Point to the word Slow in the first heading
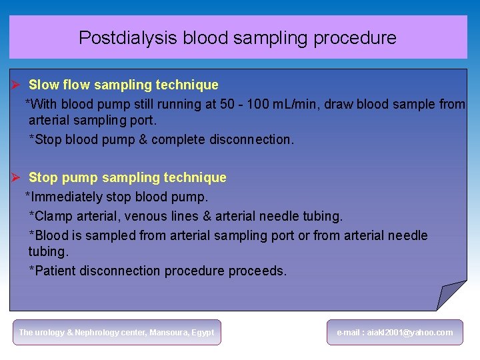click(x=44, y=85)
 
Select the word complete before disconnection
click(x=179, y=139)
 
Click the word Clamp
click(x=53, y=216)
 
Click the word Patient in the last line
click(x=55, y=271)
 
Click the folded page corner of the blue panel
click(x=451, y=294)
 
